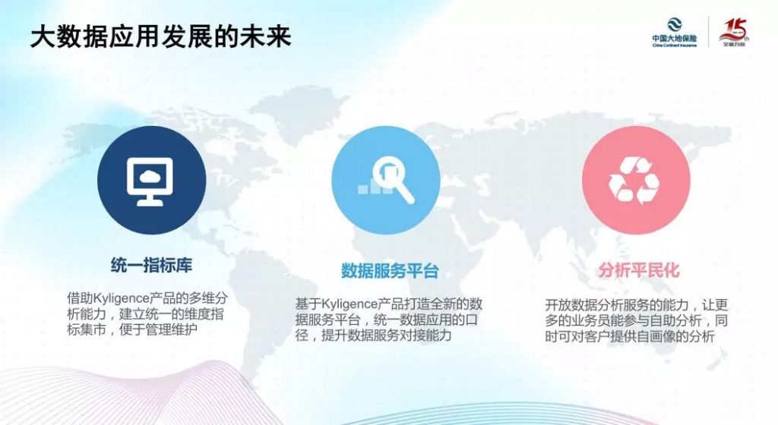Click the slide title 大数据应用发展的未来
click(161, 38)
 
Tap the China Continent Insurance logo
click(675, 33)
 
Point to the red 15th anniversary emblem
click(735, 33)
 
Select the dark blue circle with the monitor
click(151, 180)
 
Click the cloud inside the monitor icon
click(150, 176)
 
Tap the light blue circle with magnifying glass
click(385, 180)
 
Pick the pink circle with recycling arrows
click(636, 180)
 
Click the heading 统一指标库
click(151, 265)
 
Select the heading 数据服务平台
click(390, 271)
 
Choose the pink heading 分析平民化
click(639, 270)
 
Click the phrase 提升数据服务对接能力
click(387, 335)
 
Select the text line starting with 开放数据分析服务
click(637, 304)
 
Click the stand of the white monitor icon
click(150, 199)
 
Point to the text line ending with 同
click(637, 320)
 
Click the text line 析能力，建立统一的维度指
click(145, 314)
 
